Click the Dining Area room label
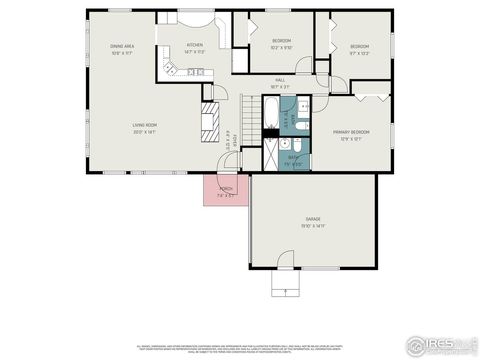point(124,46)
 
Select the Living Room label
point(145,125)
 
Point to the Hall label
point(280,80)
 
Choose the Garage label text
point(313,218)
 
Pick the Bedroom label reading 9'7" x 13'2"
point(358,48)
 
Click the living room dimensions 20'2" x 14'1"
point(145,132)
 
